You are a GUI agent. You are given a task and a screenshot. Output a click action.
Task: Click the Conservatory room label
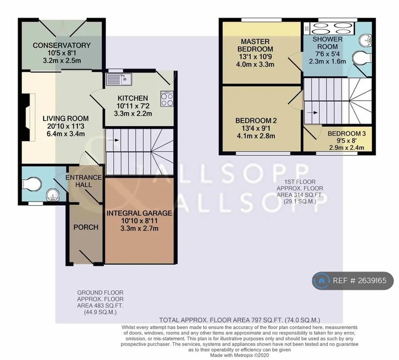click(x=62, y=45)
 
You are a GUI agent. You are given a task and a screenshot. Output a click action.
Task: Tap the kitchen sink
click(x=119, y=79)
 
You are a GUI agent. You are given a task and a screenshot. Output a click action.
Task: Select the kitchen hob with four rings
click(x=167, y=99)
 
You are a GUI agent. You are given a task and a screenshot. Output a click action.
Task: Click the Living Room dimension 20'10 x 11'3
click(x=65, y=126)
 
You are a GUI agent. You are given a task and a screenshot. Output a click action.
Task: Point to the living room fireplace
click(x=28, y=117)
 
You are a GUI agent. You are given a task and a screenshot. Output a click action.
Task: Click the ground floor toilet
click(x=32, y=184)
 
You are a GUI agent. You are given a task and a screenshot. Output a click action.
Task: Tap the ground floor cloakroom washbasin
click(x=52, y=195)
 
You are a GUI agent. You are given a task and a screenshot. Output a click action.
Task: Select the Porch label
click(x=86, y=227)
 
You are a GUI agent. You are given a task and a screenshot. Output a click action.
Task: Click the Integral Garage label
click(x=139, y=213)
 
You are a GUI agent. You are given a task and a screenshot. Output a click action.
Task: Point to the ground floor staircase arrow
click(x=113, y=140)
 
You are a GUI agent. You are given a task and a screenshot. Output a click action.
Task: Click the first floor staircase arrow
click(x=312, y=112)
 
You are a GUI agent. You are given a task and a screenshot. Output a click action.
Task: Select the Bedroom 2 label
click(x=256, y=121)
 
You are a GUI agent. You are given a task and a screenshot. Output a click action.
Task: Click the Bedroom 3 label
click(x=347, y=134)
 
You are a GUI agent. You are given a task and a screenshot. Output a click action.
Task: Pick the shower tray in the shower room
click(x=328, y=29)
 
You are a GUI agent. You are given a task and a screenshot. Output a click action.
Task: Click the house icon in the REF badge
click(x=322, y=281)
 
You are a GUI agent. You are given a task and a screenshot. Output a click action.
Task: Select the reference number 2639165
click(x=371, y=281)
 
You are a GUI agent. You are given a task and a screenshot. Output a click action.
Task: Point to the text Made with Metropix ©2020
click(x=240, y=355)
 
